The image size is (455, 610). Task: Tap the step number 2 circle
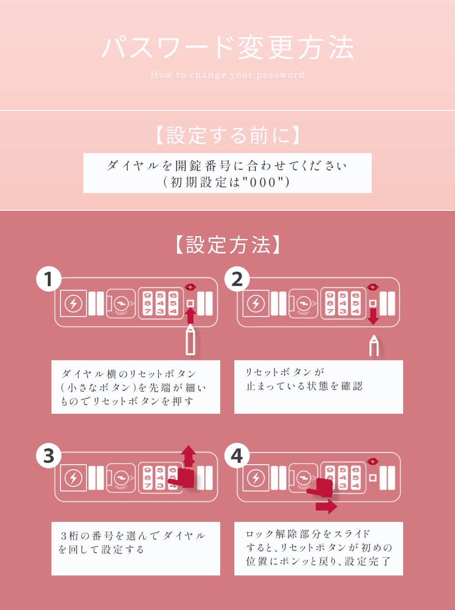click(x=237, y=280)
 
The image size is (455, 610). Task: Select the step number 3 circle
click(x=49, y=456)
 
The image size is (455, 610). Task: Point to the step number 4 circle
click(x=237, y=456)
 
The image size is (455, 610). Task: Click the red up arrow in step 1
click(x=191, y=316)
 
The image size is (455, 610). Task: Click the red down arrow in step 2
click(x=373, y=316)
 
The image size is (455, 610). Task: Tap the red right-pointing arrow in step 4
click(x=326, y=506)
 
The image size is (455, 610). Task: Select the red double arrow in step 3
click(x=189, y=456)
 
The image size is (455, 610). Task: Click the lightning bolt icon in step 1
click(x=73, y=303)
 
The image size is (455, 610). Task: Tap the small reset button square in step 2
click(x=373, y=303)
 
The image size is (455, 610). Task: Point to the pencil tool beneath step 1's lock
click(x=191, y=340)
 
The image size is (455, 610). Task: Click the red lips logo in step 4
click(x=373, y=461)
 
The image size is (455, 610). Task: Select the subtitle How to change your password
click(x=227, y=75)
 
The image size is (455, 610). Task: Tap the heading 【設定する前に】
click(x=227, y=135)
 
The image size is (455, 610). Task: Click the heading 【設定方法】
click(x=227, y=245)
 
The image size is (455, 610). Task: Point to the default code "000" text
click(x=263, y=182)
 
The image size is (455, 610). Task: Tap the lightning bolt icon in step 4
click(x=256, y=478)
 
